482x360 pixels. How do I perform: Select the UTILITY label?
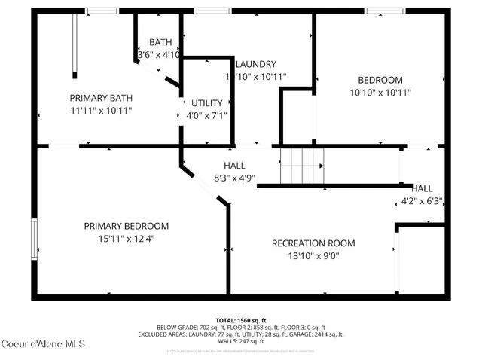tap(206, 102)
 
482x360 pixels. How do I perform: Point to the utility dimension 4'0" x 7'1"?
tap(206, 116)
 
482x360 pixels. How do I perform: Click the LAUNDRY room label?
tap(255, 64)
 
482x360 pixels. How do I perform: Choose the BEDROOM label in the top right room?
tap(380, 80)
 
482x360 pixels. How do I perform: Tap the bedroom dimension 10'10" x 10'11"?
tap(380, 93)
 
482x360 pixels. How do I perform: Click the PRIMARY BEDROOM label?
tap(126, 226)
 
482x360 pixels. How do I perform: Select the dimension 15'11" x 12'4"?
tap(126, 239)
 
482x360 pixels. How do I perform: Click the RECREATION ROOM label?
tap(313, 243)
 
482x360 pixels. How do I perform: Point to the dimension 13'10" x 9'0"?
tap(313, 256)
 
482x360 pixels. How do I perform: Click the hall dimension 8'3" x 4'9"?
tap(234, 179)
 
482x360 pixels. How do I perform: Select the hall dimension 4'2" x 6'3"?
tap(421, 201)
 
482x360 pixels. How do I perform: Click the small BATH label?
tap(160, 42)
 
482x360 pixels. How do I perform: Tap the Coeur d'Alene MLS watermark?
tap(44, 345)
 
